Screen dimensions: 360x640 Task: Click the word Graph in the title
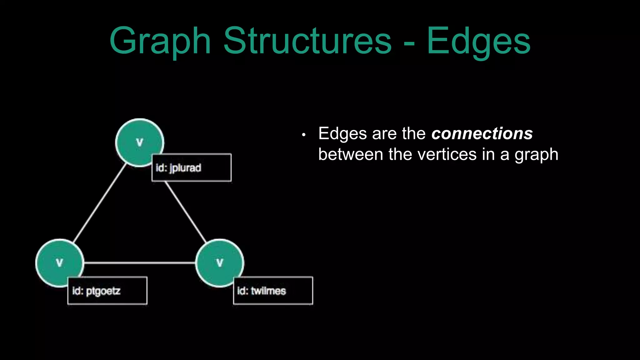(160, 41)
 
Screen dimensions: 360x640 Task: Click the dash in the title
(409, 44)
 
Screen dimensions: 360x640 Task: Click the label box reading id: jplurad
(192, 167)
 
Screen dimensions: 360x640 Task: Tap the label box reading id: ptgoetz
(107, 291)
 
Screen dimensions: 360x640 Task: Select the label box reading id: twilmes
(273, 291)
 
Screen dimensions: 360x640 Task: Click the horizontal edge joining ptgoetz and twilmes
(140, 263)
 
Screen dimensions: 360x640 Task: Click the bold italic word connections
(482, 134)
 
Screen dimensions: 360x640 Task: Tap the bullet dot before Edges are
(303, 135)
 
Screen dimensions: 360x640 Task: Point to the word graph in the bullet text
(536, 155)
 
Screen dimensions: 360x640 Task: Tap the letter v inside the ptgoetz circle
(59, 262)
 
